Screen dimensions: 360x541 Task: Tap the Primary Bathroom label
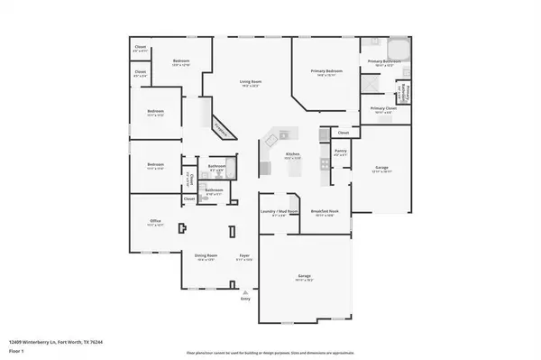(381, 61)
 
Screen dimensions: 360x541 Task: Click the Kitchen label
(292, 154)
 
